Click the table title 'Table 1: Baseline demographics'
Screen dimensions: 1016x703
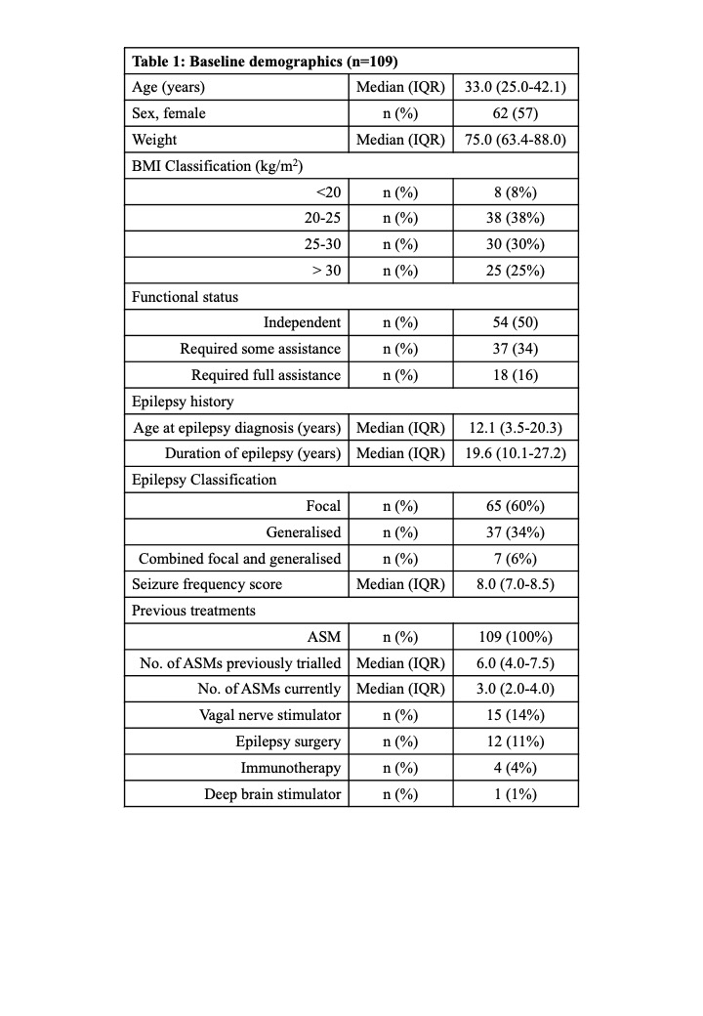click(x=264, y=61)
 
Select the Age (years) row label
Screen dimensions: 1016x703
click(x=169, y=87)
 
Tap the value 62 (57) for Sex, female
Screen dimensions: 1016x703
click(x=516, y=113)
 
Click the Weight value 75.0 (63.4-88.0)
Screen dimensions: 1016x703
click(x=516, y=140)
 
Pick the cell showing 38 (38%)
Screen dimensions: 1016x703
click(x=516, y=218)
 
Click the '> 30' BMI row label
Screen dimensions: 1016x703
click(x=326, y=271)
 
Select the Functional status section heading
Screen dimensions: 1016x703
click(x=185, y=297)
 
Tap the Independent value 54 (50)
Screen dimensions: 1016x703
click(x=516, y=322)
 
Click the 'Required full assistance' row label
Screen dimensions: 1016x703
click(x=266, y=375)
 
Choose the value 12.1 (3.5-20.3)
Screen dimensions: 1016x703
click(x=516, y=427)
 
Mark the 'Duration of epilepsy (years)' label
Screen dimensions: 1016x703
click(x=253, y=453)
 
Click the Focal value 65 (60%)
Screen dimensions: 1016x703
click(x=516, y=505)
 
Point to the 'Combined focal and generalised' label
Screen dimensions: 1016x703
click(x=240, y=558)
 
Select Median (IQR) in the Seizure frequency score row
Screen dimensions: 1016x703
click(x=400, y=584)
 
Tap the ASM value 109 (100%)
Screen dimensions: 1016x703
click(x=516, y=637)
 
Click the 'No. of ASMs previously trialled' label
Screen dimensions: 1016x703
click(x=240, y=662)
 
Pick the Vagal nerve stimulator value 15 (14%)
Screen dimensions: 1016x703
click(x=516, y=715)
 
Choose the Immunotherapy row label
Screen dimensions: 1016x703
click(x=291, y=768)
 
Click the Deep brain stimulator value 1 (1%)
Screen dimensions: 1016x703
click(x=516, y=793)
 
